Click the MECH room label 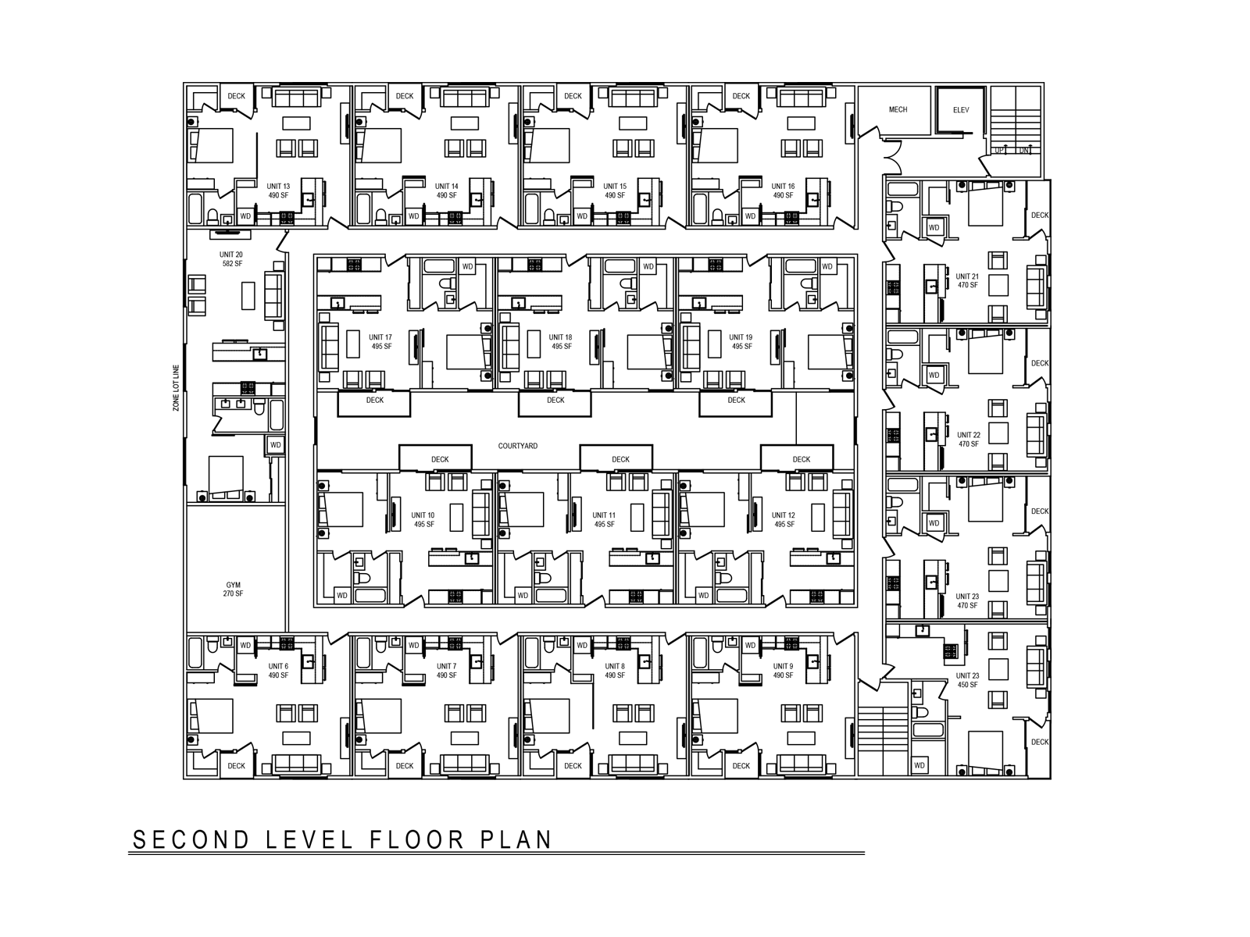[898, 109]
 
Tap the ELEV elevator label [961, 110]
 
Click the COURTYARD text [518, 446]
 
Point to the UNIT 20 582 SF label [231, 259]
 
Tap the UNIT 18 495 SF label [562, 342]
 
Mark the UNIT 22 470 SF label [969, 440]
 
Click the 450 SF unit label [967, 680]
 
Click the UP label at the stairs [999, 150]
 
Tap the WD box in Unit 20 [275, 445]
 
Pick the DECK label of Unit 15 [573, 96]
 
